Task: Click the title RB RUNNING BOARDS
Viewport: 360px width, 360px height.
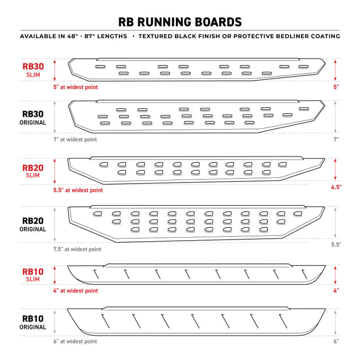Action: click(180, 22)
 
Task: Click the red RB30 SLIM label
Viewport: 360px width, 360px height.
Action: click(34, 70)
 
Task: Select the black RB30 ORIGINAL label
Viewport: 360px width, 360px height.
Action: click(34, 118)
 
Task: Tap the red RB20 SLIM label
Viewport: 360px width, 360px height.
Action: click(34, 172)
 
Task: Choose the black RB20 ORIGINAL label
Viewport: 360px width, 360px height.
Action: click(34, 225)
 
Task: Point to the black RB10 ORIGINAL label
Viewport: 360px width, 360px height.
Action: click(34, 322)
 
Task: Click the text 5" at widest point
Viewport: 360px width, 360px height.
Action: click(75, 87)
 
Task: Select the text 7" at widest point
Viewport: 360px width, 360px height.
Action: click(75, 139)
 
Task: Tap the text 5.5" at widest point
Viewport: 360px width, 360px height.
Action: click(78, 190)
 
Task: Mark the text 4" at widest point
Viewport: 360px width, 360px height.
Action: click(75, 291)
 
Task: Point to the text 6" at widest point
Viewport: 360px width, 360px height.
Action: click(75, 341)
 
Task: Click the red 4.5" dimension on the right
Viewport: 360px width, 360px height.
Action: click(336, 187)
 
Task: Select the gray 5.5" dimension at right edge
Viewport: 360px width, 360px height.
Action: click(336, 245)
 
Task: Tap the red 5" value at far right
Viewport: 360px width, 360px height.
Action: click(336, 87)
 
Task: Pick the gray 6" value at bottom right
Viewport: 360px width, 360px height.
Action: click(336, 341)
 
